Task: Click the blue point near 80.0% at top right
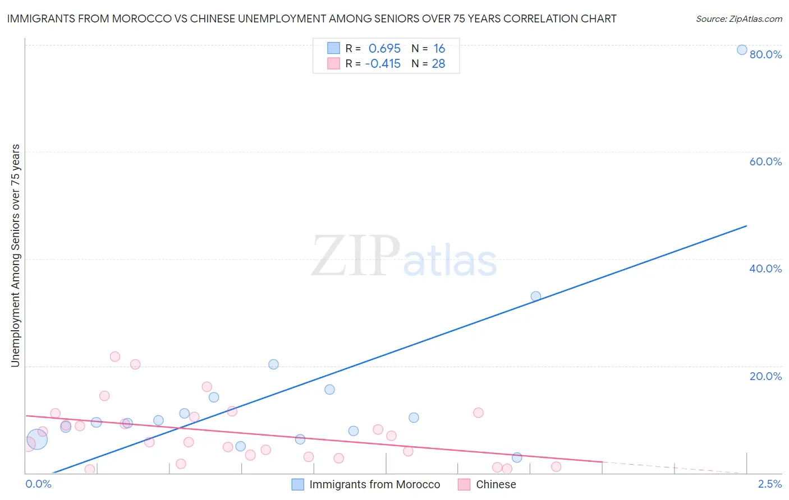pyautogui.click(x=742, y=50)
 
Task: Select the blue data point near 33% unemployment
pyautogui.click(x=536, y=297)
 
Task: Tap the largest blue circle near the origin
pyautogui.click(x=36, y=439)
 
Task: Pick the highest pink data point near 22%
pyautogui.click(x=115, y=357)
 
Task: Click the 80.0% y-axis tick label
pyautogui.click(x=765, y=54)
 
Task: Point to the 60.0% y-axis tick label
pyautogui.click(x=765, y=161)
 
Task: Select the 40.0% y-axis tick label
pyautogui.click(x=765, y=268)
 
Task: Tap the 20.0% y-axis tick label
pyautogui.click(x=765, y=376)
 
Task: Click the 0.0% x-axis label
pyautogui.click(x=38, y=484)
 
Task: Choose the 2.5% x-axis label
pyautogui.click(x=770, y=484)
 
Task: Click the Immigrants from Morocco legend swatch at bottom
pyautogui.click(x=298, y=484)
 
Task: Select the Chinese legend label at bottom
pyautogui.click(x=496, y=484)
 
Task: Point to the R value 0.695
pyautogui.click(x=384, y=49)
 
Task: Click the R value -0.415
pyautogui.click(x=383, y=64)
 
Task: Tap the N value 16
pyautogui.click(x=439, y=49)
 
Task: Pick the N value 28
pyautogui.click(x=438, y=64)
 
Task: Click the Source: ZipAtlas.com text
pyautogui.click(x=738, y=18)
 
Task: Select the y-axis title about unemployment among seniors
pyautogui.click(x=15, y=256)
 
